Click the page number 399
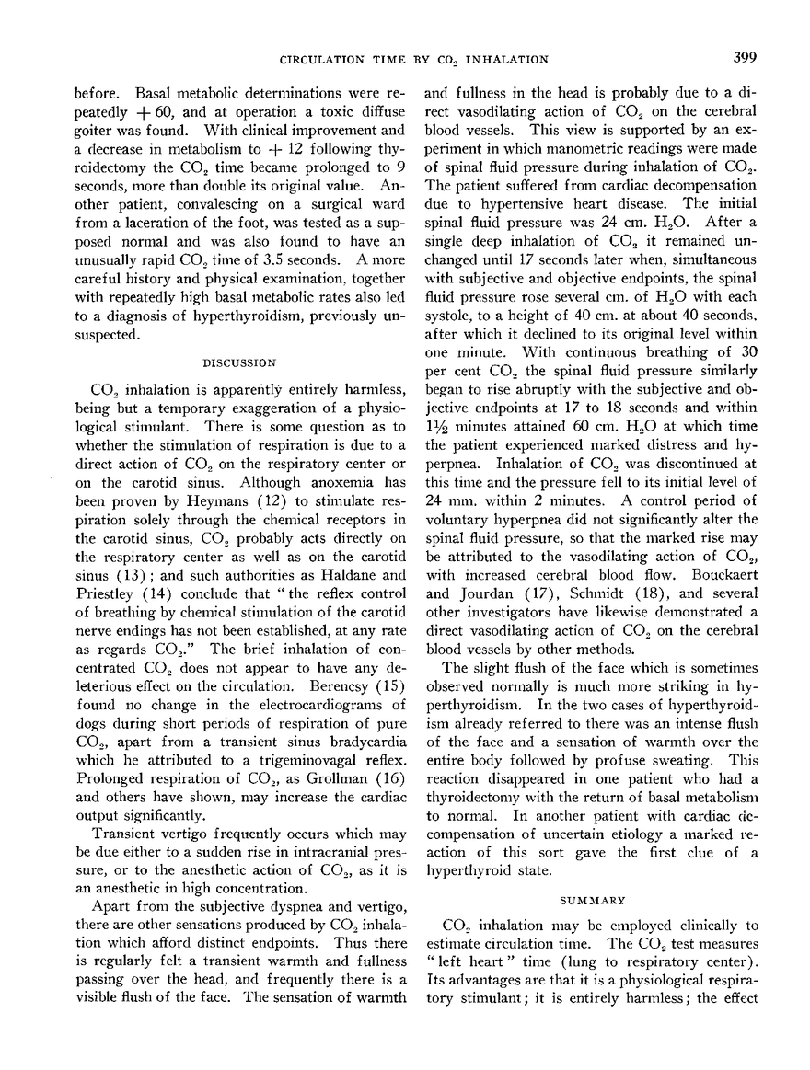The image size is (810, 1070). click(745, 59)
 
